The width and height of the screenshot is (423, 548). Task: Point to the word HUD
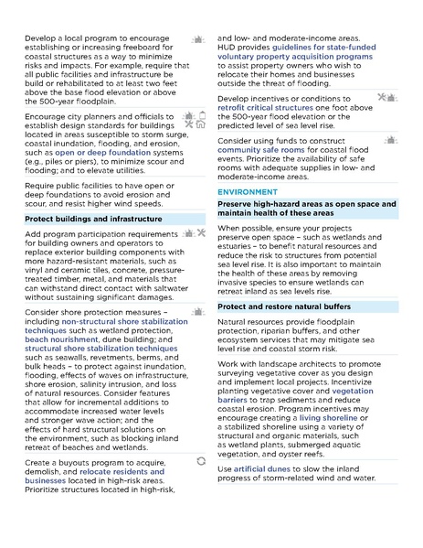pyautogui.click(x=226, y=48)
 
